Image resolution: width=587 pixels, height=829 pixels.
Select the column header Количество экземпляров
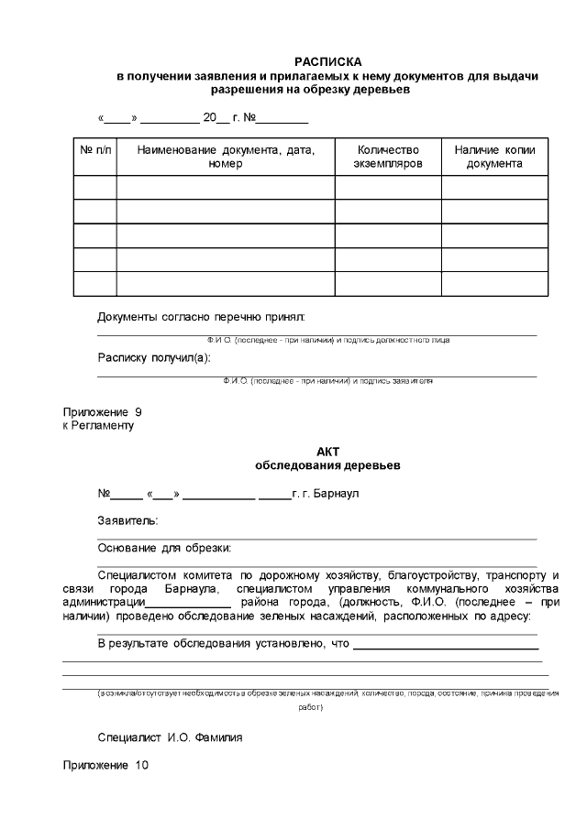pyautogui.click(x=388, y=157)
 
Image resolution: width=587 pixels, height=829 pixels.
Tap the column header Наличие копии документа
pyautogui.click(x=494, y=157)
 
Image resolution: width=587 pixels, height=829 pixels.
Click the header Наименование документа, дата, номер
pyautogui.click(x=225, y=157)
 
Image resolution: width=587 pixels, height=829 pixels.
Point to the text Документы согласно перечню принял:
pyautogui.click(x=201, y=317)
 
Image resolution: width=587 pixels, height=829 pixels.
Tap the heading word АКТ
pyautogui.click(x=327, y=452)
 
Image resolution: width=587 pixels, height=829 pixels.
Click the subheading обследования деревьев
pyautogui.click(x=327, y=465)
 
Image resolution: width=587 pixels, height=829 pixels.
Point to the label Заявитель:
pyautogui.click(x=127, y=520)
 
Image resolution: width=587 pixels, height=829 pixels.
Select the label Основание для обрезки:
pyautogui.click(x=164, y=548)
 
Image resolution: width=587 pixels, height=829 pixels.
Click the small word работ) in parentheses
pyautogui.click(x=310, y=707)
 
